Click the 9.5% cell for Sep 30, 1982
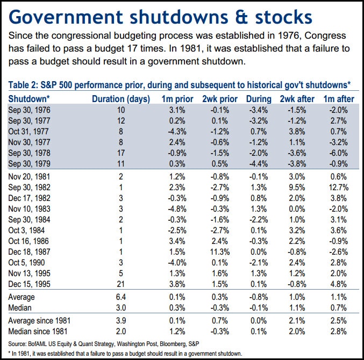pyautogui.click(x=296, y=188)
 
